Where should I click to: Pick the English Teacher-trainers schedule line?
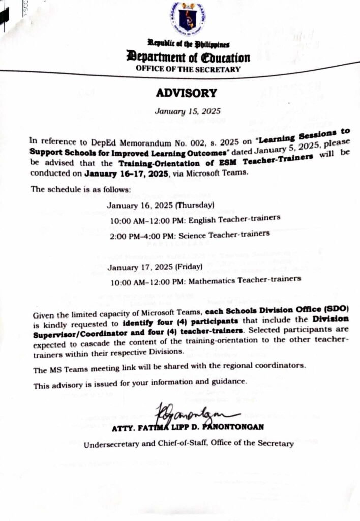[196, 219]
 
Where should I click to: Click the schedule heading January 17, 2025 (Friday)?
[155, 266]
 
